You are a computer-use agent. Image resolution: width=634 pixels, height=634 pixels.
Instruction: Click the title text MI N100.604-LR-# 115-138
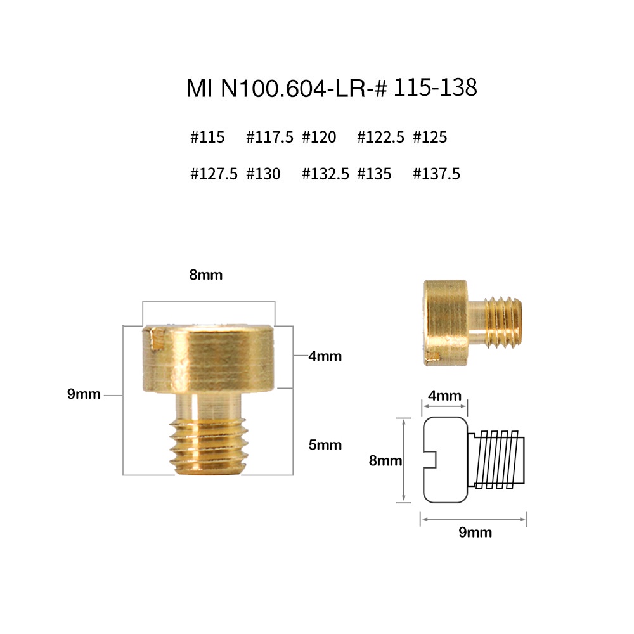(x=332, y=87)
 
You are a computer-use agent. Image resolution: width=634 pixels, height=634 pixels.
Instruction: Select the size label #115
(x=207, y=137)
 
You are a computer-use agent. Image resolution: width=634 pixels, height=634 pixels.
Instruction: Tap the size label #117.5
(x=269, y=137)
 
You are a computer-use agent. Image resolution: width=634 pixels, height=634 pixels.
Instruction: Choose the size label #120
(x=319, y=137)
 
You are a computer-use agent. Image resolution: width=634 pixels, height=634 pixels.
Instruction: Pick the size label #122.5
(x=380, y=137)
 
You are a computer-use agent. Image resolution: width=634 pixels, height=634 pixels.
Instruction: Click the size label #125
(x=430, y=137)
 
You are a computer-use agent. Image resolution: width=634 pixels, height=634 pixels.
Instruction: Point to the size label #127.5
(x=214, y=174)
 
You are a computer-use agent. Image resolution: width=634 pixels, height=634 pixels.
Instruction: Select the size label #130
(x=263, y=174)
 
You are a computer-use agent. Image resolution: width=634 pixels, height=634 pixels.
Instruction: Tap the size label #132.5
(x=325, y=174)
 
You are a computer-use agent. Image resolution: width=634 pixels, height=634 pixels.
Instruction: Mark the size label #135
(x=375, y=174)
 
